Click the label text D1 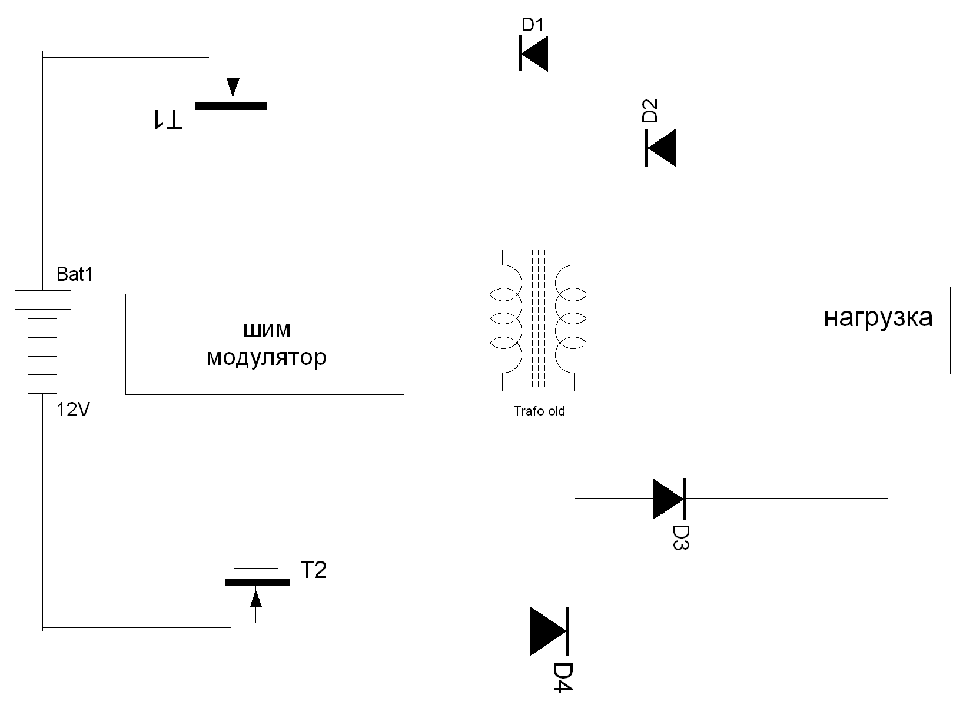click(533, 25)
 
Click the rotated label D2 click(649, 111)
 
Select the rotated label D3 click(680, 536)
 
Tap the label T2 click(313, 570)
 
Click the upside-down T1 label click(168, 119)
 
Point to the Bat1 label click(75, 274)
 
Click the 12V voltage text click(73, 410)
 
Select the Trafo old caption click(539, 411)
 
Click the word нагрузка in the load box click(878, 318)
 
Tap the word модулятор click(266, 357)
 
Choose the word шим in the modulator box click(267, 330)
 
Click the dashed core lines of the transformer click(539, 318)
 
